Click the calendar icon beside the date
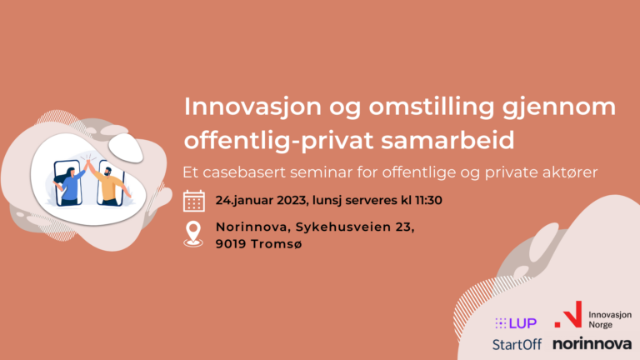[194, 201]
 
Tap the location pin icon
[193, 234]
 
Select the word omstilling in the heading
[432, 107]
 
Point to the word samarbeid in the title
[447, 140]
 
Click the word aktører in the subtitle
[570, 172]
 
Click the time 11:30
[428, 200]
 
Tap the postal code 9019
[231, 244]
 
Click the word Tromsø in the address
[277, 244]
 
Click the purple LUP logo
[516, 323]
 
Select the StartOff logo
[517, 344]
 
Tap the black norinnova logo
[592, 343]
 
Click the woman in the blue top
[70, 185]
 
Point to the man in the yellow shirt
[108, 184]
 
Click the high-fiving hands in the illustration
[88, 162]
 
